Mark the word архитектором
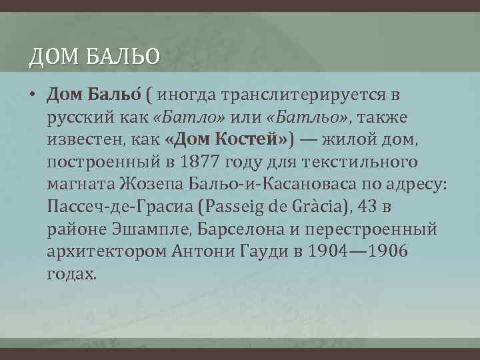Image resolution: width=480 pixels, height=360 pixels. pyautogui.click(x=107, y=252)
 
